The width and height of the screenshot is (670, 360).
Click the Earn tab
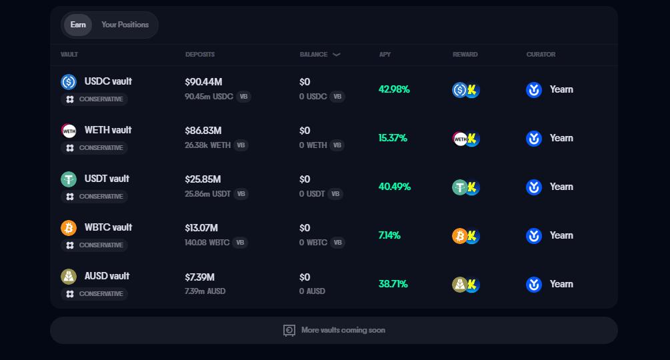click(x=78, y=25)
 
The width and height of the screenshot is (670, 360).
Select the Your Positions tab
click(x=125, y=25)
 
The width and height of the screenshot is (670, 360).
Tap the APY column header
click(x=385, y=55)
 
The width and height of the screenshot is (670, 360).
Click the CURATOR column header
click(x=541, y=55)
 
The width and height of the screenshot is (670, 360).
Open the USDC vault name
click(x=108, y=81)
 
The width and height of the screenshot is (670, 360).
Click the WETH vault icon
click(x=69, y=131)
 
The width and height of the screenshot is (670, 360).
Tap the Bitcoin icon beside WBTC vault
click(x=69, y=228)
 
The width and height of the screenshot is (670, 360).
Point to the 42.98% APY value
click(x=394, y=89)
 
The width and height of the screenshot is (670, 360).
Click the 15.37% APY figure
click(x=393, y=138)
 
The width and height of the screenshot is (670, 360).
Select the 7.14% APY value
click(x=389, y=235)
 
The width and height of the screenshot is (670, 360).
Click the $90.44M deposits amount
click(x=203, y=82)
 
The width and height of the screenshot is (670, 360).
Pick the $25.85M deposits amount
click(x=203, y=179)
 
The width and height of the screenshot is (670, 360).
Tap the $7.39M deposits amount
click(x=199, y=277)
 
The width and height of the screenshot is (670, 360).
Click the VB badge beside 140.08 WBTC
click(x=240, y=243)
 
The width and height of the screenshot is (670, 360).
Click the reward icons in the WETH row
click(x=466, y=139)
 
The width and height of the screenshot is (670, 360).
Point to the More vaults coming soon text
click(x=343, y=330)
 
